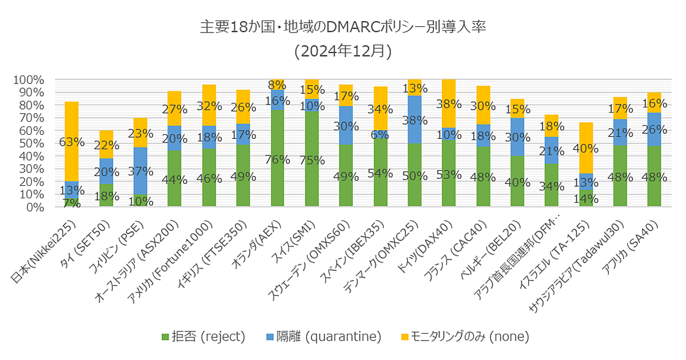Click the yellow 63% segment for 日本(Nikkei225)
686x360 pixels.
click(x=71, y=142)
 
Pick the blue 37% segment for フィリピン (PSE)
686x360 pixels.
click(x=140, y=170)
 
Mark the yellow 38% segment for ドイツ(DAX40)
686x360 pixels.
click(x=449, y=103)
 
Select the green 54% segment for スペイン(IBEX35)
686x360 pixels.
click(x=380, y=173)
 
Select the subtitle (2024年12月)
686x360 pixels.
click(x=343, y=51)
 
